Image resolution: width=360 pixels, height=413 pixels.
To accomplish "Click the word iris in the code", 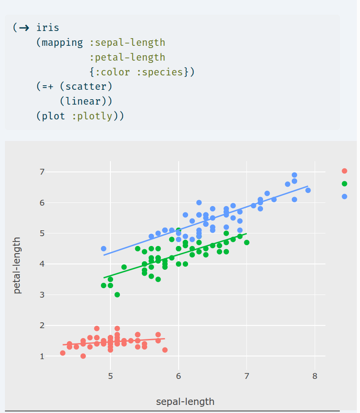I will point(48,28).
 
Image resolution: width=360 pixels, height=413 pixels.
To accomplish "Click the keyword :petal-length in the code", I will point(127,57).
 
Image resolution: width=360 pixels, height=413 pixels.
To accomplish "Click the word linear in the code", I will point(85,101).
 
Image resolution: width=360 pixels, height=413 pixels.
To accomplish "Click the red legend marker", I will point(344,171).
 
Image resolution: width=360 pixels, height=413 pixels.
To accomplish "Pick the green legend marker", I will point(344,184).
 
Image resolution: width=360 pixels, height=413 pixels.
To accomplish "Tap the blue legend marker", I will point(344,196).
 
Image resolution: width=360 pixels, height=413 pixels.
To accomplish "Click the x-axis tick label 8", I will point(315,376).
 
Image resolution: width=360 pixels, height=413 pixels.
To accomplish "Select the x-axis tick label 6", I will point(179,376).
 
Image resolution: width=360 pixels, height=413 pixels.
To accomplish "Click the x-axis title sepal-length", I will point(185,401).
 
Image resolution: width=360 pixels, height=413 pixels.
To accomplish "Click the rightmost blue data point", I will point(308,190).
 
